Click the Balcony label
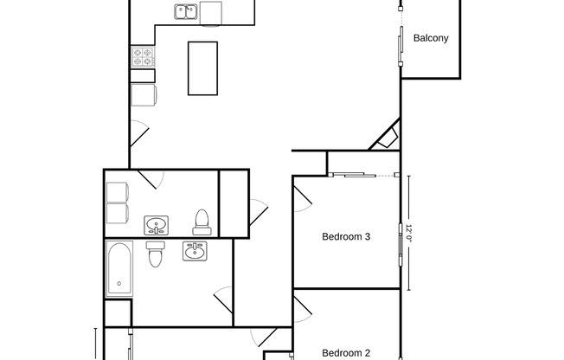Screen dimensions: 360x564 430,38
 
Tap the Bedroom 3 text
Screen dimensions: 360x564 346,236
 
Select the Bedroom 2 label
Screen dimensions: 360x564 346,352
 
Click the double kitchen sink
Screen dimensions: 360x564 185,11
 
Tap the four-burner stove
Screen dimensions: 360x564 143,57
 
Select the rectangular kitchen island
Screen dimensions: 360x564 203,68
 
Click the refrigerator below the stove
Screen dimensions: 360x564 143,95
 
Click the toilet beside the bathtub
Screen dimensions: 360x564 156,254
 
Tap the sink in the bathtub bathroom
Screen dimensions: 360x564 195,251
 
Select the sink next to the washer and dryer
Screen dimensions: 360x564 156,226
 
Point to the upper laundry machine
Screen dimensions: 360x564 117,191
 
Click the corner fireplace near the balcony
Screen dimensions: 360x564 387,138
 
